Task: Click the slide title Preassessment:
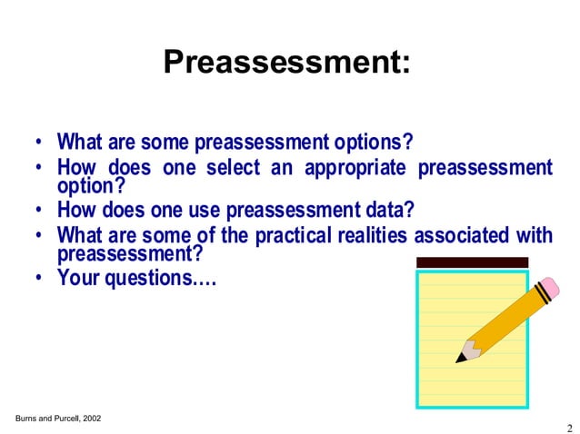(x=286, y=62)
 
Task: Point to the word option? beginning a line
(x=90, y=185)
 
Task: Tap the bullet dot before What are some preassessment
(x=40, y=143)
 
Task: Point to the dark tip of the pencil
(x=461, y=358)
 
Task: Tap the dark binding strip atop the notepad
(x=471, y=262)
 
